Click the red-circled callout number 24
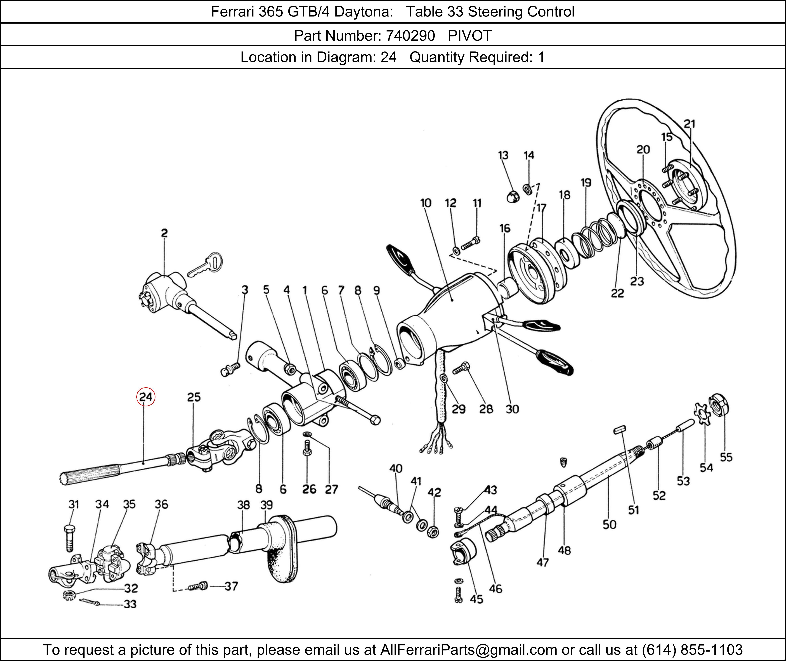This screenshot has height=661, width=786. coord(146,397)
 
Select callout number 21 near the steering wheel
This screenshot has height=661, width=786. coord(689,124)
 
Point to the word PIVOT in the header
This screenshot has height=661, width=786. coord(470,36)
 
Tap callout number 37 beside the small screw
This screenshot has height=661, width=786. coord(231,586)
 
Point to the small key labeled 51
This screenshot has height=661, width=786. coord(620,429)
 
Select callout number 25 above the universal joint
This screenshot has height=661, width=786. coord(194,397)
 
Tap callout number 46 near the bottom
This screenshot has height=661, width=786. coord(495,589)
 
